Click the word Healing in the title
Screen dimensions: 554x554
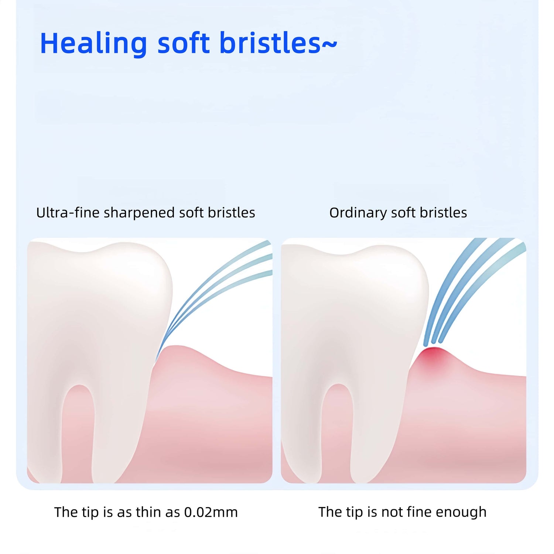93,44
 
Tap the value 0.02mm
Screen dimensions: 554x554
211,512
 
